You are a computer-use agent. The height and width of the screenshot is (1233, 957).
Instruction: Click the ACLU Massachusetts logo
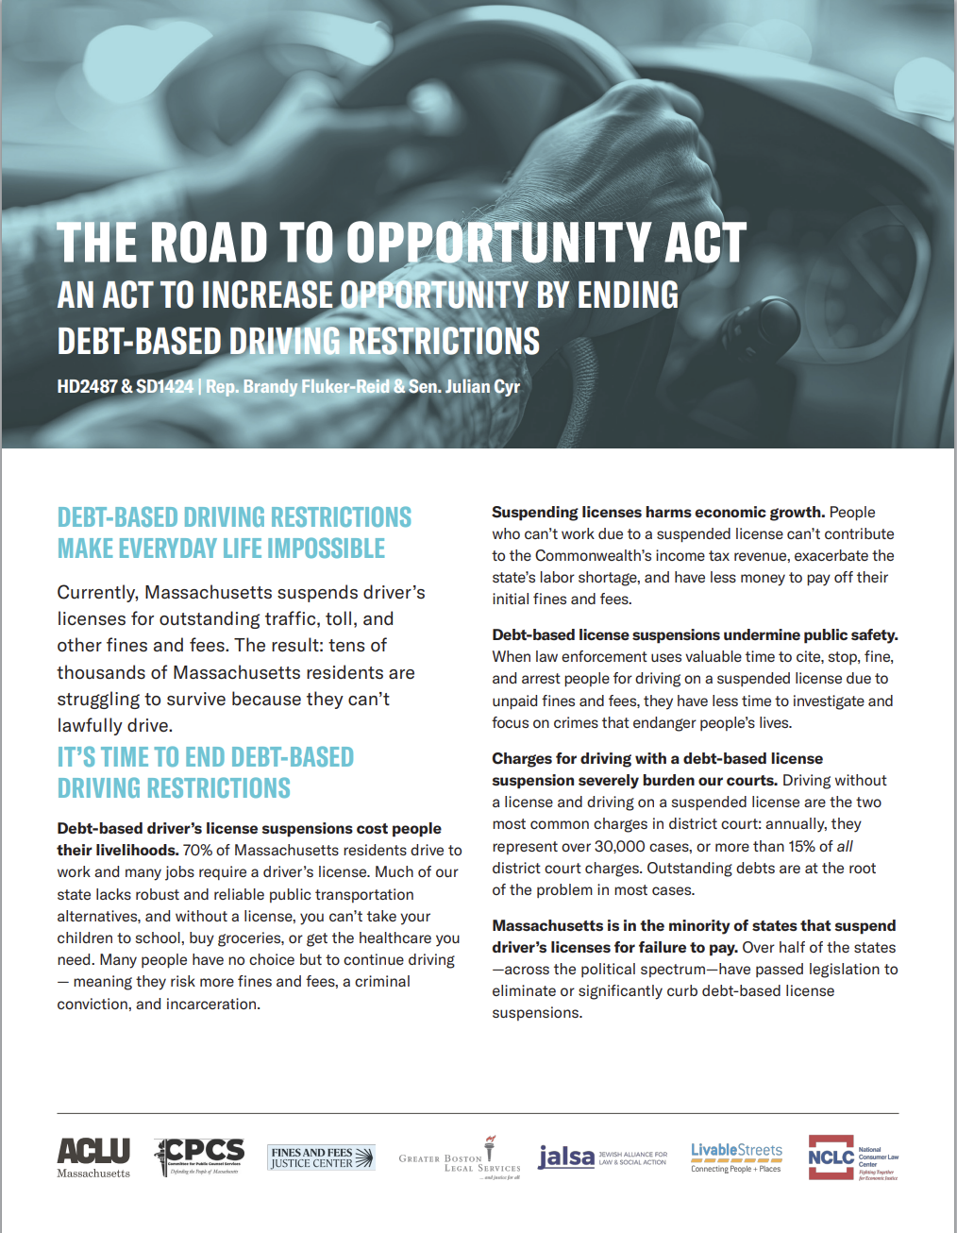(x=93, y=1157)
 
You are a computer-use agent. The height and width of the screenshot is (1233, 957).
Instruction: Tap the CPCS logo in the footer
(x=199, y=1156)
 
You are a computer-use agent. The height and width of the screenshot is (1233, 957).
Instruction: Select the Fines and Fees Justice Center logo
(x=321, y=1157)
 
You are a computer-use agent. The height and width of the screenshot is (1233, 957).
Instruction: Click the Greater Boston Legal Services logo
(x=460, y=1158)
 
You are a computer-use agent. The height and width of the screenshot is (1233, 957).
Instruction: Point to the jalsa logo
(x=601, y=1157)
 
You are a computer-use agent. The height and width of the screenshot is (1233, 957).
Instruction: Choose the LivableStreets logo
(x=736, y=1157)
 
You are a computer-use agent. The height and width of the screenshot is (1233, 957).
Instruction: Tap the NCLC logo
(x=852, y=1157)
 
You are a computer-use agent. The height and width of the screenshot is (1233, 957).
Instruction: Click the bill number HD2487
(x=87, y=386)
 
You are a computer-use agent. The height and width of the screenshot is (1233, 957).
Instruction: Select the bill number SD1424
(x=165, y=386)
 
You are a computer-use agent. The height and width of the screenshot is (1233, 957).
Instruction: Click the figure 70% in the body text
(x=197, y=850)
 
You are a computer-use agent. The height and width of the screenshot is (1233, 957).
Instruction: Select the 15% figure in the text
(x=797, y=846)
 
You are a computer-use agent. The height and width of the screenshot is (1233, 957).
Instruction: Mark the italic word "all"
(x=845, y=846)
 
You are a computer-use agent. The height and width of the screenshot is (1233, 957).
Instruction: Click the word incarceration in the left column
(x=213, y=1004)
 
